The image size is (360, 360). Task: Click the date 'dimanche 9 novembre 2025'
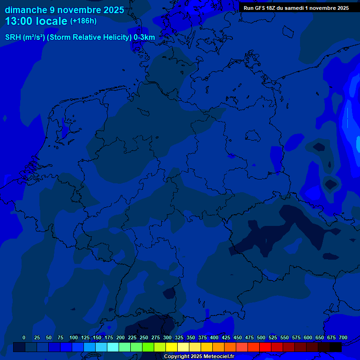point(64,10)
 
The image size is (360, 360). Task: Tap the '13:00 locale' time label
point(36,21)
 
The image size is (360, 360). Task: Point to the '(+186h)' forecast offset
point(83,21)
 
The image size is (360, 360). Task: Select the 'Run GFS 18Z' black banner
point(296,8)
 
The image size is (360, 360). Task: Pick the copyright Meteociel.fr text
point(199,357)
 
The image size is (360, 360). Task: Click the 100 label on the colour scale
point(74,337)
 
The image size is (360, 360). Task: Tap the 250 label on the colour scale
point(144,337)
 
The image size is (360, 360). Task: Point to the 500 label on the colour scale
point(261,337)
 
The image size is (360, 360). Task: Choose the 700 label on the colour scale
point(343,337)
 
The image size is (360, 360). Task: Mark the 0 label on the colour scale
point(24,337)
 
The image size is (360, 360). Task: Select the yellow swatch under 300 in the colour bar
point(172,347)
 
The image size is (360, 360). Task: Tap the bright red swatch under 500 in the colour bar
point(265,347)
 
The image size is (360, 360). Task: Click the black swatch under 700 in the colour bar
point(336,347)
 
